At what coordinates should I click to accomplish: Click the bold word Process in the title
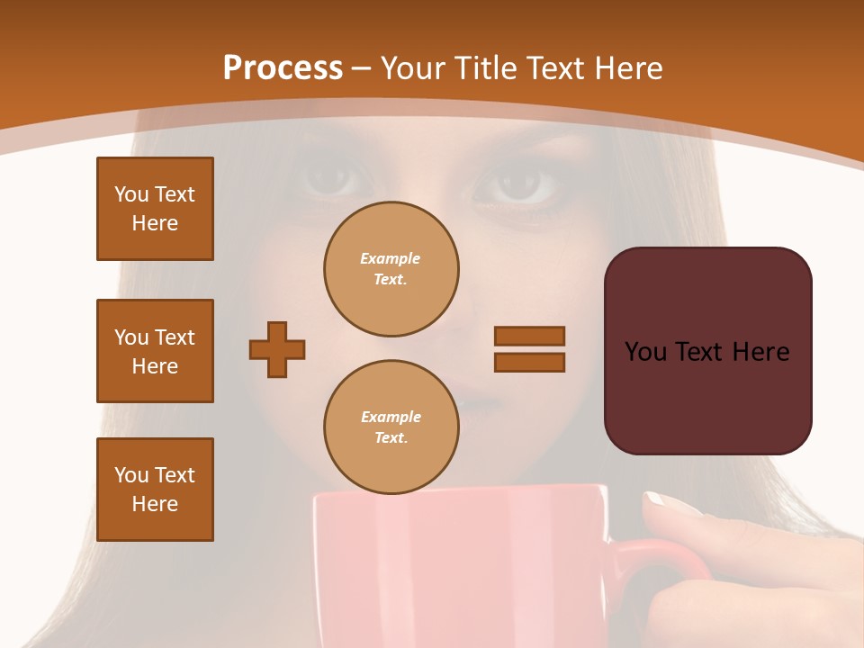point(283,68)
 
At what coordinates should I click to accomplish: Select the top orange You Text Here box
point(155,209)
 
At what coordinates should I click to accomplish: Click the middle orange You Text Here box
point(155,351)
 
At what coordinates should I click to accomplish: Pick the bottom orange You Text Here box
point(155,490)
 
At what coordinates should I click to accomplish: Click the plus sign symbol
point(277,349)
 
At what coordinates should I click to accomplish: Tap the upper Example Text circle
point(391,269)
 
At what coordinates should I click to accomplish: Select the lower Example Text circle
point(391,427)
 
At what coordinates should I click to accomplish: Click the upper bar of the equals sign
point(529,336)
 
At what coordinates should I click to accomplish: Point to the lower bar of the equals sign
point(529,363)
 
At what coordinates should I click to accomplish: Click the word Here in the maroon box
point(760,352)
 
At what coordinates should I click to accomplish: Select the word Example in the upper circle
point(391,258)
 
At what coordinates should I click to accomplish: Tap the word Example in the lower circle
point(391,417)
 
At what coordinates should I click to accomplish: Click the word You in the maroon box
point(647,352)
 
